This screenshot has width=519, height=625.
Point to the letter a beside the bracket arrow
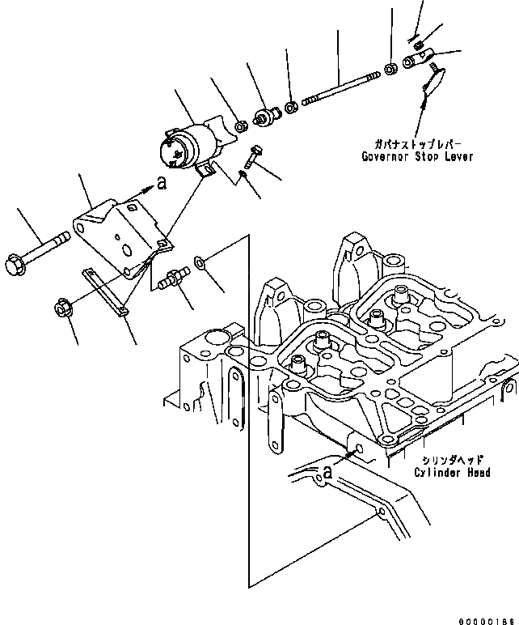162,184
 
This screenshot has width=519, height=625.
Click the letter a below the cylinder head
327,470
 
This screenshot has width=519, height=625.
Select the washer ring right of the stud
200,262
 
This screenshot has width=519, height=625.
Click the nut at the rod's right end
390,69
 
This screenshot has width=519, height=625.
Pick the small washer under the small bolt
243,174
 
